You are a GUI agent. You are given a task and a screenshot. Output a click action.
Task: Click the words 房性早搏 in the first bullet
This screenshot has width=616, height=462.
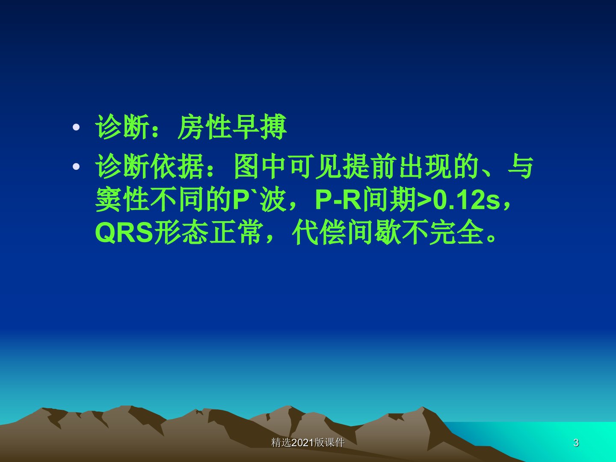pyautogui.click(x=232, y=127)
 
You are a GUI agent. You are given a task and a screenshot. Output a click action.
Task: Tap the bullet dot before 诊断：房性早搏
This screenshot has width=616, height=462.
pyautogui.click(x=76, y=127)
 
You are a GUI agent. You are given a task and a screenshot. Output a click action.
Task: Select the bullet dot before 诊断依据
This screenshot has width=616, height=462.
pyautogui.click(x=76, y=167)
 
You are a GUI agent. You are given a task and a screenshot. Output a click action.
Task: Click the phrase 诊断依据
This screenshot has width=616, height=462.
pyautogui.click(x=150, y=167)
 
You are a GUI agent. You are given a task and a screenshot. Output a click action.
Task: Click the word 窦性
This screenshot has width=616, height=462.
pyautogui.click(x=122, y=199)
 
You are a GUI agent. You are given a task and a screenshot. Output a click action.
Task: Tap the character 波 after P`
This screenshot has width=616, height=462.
pyautogui.click(x=273, y=199)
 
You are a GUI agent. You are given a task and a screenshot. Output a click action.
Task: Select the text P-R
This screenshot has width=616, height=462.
pyautogui.click(x=338, y=200)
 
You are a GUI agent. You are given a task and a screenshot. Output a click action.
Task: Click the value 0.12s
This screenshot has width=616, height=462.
pyautogui.click(x=466, y=200)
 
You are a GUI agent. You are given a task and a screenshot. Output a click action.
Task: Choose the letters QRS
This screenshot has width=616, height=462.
pyautogui.click(x=124, y=233)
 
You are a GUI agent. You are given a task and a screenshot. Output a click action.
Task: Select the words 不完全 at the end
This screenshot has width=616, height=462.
pyautogui.click(x=443, y=232)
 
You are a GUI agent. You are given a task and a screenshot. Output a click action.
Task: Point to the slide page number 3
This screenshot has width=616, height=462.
pyautogui.click(x=576, y=443)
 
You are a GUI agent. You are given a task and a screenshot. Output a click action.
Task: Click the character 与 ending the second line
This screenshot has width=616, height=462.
pyautogui.click(x=521, y=167)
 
